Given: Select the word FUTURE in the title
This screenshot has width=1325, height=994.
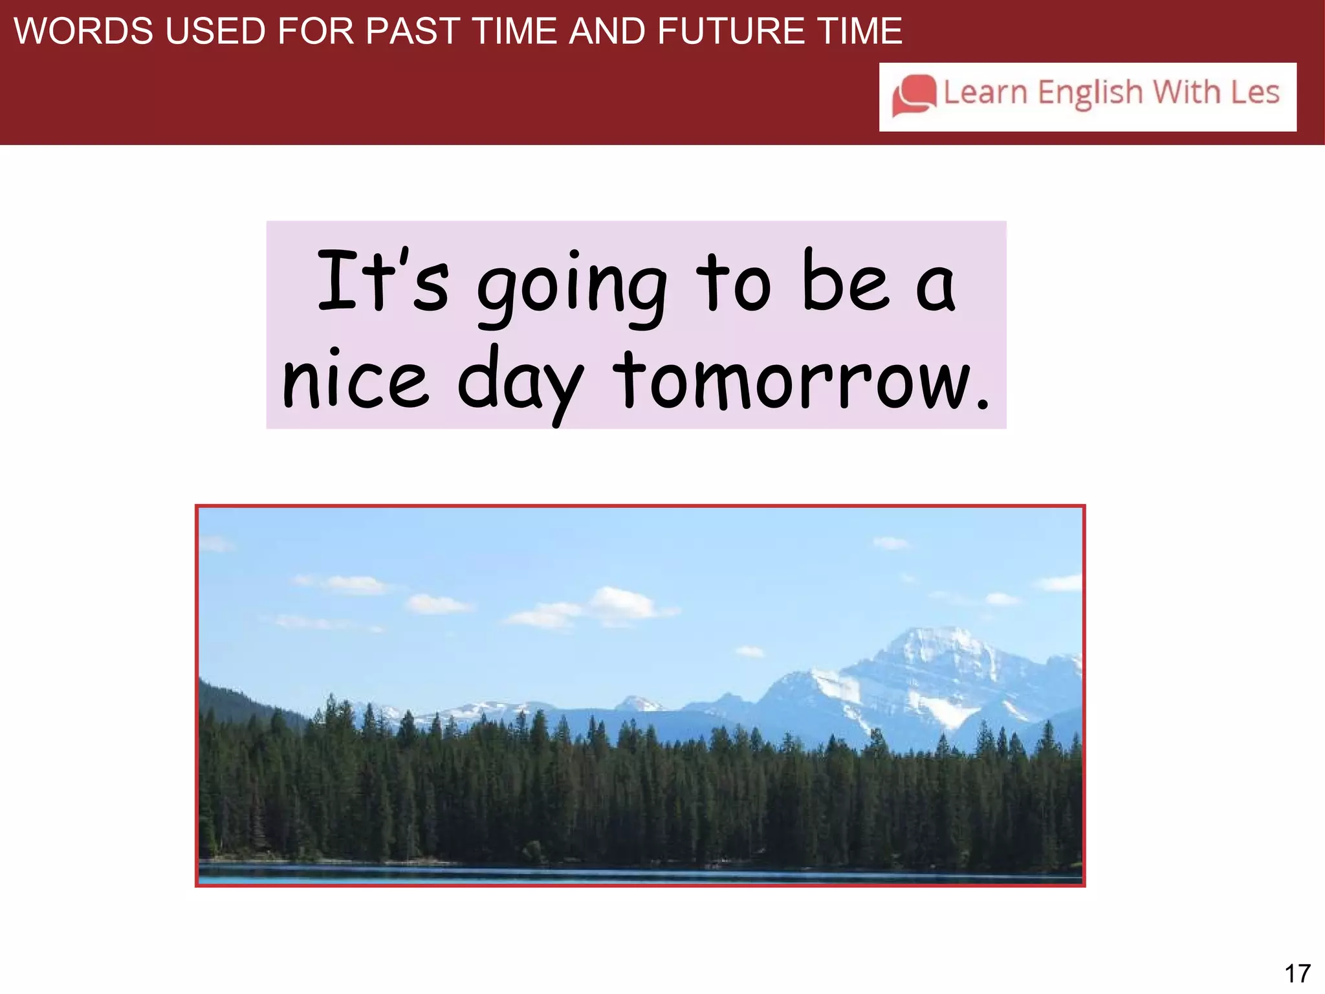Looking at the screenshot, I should coord(730,31).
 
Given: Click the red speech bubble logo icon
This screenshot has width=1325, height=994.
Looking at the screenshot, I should coord(914,95).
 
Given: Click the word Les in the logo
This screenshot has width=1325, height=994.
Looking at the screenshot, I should coord(1254,92).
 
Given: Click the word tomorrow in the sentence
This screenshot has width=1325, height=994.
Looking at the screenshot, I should coord(793,382).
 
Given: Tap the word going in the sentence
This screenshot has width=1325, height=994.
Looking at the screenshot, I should coord(573,285).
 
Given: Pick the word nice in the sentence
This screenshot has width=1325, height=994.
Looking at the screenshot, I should coord(355,382).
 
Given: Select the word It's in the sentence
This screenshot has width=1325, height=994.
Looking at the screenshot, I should coord(382,282).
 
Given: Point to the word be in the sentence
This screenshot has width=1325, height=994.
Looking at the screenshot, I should coord(844,282).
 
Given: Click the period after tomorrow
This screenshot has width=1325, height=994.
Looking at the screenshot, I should coord(982,404).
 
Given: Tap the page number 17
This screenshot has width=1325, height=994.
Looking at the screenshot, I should coord(1297,973).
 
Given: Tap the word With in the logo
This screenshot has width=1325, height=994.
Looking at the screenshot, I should coord(1187,92).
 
